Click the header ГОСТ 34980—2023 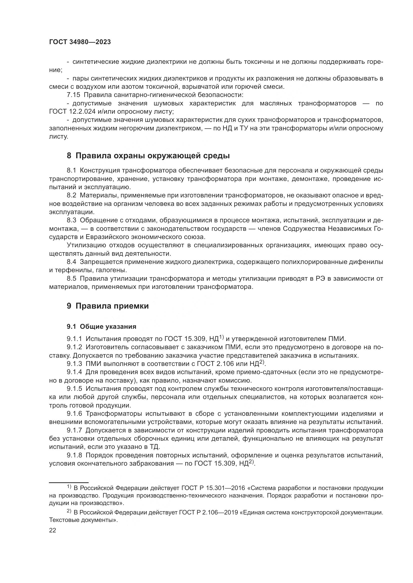coord(80,42)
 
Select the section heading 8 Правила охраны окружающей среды coord(148,155)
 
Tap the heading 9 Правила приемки coord(108,306)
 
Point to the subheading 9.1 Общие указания coord(101,327)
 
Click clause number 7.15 coord(73,95)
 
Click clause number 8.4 coord(71,262)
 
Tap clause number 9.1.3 coord(74,364)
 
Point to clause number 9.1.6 coord(74,414)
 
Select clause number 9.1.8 coord(74,455)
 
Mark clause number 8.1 coord(71,170)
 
